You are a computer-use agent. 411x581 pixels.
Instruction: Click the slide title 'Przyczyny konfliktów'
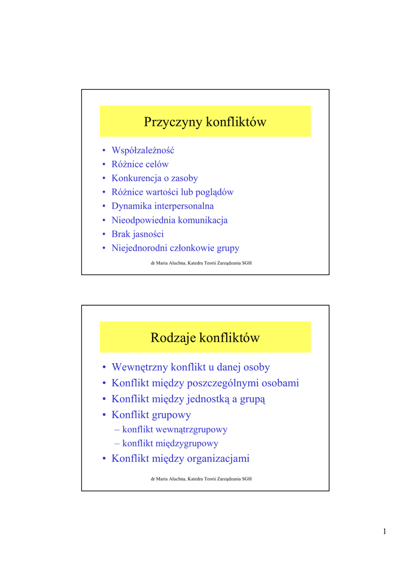tap(205, 122)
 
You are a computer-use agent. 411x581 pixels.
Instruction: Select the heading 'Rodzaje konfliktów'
tap(205, 338)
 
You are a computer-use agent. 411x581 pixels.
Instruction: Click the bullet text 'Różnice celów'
tap(140, 165)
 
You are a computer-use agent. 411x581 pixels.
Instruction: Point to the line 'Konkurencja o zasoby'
tap(154, 178)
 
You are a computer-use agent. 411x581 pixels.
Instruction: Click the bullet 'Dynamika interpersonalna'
tap(162, 206)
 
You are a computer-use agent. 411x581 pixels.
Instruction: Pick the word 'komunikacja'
tap(203, 220)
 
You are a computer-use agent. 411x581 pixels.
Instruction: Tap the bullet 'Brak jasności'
tap(137, 234)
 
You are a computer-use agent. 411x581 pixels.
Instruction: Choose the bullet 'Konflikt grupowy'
tap(151, 415)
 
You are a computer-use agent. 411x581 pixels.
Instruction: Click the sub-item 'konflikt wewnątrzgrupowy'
tap(175, 430)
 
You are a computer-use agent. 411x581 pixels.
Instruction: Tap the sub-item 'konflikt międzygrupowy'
tap(170, 444)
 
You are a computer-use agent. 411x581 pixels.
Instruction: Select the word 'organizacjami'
tap(217, 458)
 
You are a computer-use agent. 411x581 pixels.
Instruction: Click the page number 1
tap(384, 532)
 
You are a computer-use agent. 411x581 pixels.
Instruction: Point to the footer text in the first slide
tap(201, 263)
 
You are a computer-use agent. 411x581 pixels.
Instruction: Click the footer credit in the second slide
tap(201, 479)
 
